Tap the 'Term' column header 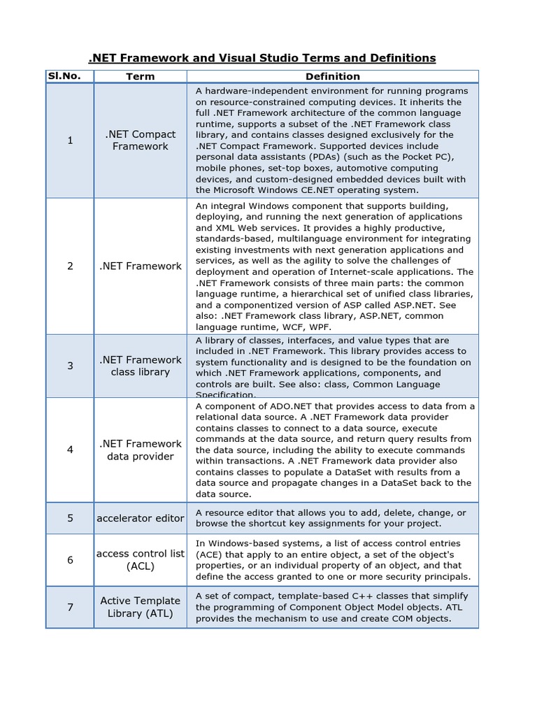click(x=140, y=76)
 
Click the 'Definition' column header click(x=332, y=76)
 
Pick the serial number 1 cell click(x=70, y=141)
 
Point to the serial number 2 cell click(x=70, y=266)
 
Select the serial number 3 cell click(x=70, y=366)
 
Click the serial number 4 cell click(x=70, y=450)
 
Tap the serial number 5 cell click(x=70, y=518)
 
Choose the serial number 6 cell click(x=70, y=560)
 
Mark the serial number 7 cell click(x=70, y=607)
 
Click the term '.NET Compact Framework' click(x=140, y=141)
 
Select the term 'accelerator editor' click(x=140, y=518)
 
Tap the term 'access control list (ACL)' click(x=140, y=560)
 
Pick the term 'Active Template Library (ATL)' click(x=140, y=607)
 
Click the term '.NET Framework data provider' click(x=140, y=450)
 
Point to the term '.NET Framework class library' click(x=140, y=366)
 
